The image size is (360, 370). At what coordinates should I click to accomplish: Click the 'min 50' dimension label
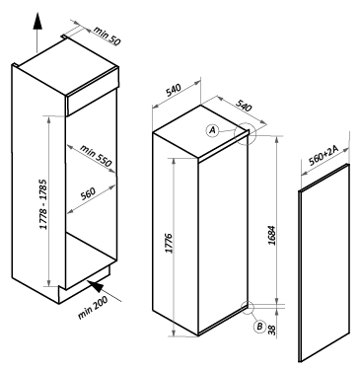(x=108, y=36)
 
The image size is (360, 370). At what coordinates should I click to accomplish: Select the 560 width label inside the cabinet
(x=88, y=193)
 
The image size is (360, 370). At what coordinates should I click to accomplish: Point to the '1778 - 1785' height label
(x=43, y=204)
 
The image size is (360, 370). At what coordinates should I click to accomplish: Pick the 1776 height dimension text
(x=169, y=244)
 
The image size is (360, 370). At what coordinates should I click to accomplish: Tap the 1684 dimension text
(x=271, y=235)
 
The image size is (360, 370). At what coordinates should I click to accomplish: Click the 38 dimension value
(x=271, y=330)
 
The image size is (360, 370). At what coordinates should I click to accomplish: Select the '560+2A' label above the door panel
(x=324, y=155)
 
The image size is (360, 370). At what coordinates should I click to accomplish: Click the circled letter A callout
(x=213, y=130)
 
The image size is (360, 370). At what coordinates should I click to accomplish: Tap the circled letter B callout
(x=259, y=327)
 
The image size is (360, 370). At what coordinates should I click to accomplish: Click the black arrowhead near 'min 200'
(x=96, y=286)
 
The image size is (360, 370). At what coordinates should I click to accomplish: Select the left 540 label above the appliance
(x=174, y=90)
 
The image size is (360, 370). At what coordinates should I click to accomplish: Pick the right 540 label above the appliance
(x=244, y=106)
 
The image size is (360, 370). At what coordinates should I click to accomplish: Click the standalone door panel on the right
(x=324, y=263)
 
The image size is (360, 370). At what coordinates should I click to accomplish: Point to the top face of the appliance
(x=201, y=131)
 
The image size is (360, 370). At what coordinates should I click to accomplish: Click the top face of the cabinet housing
(x=67, y=66)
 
